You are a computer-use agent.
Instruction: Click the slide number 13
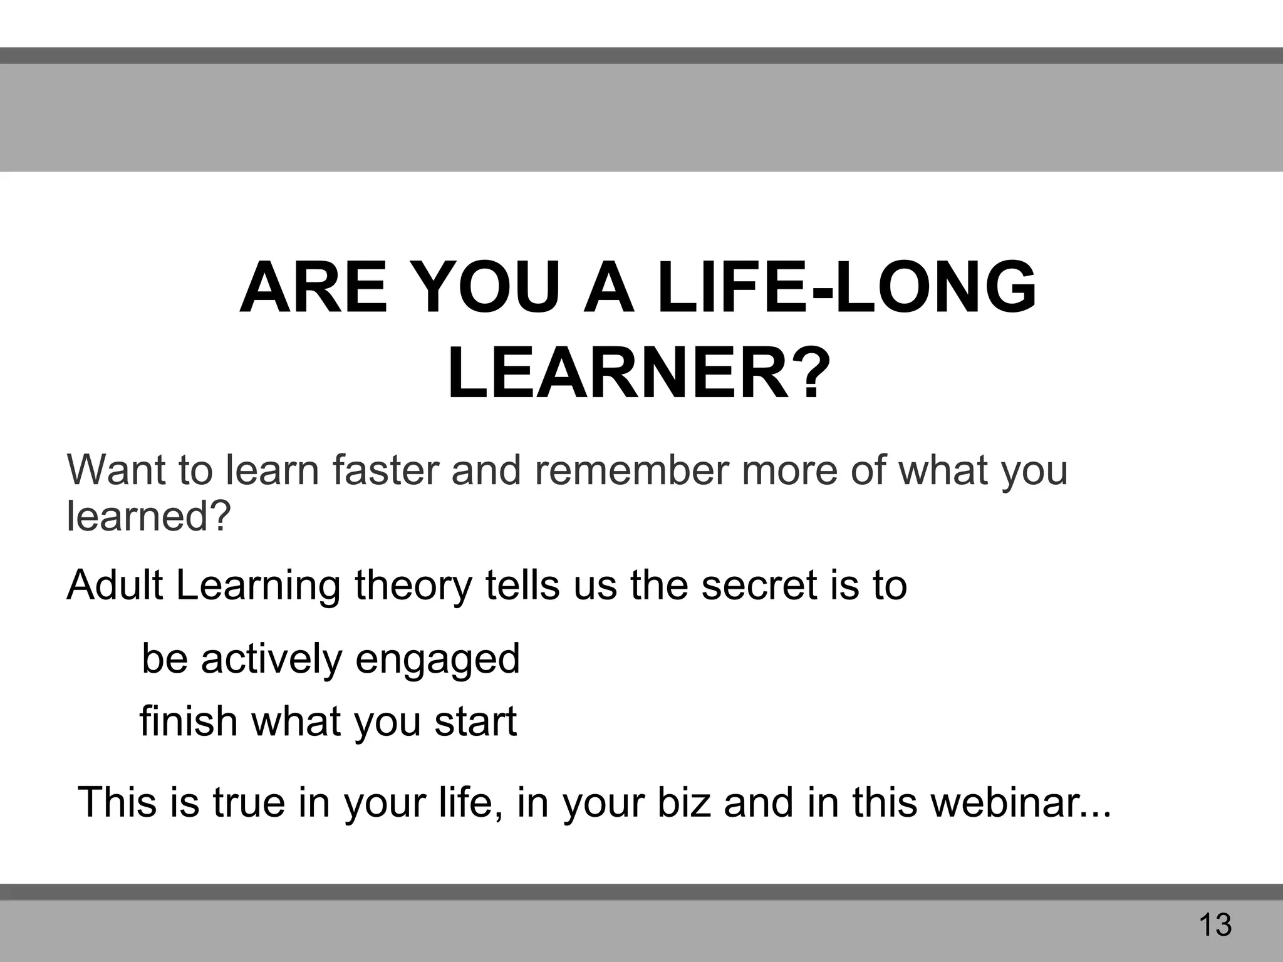[x=1215, y=925]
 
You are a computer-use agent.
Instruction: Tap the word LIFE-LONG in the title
[x=848, y=289]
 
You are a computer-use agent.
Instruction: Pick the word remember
[x=631, y=470]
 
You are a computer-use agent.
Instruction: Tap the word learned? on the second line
[x=149, y=516]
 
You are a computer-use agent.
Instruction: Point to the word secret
[x=758, y=585]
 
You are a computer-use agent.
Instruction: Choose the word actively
[x=271, y=659]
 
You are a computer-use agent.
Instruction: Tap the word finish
[x=188, y=721]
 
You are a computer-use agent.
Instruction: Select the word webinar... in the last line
[x=1021, y=802]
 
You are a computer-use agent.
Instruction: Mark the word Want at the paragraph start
[x=116, y=470]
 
